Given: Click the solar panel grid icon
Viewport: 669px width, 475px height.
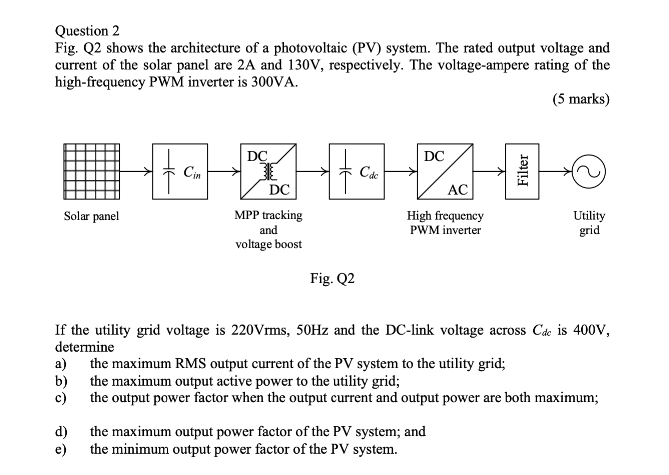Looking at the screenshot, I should click(92, 172).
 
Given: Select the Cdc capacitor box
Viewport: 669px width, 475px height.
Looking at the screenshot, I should click(356, 172).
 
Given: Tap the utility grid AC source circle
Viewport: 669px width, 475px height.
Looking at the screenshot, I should click(589, 172).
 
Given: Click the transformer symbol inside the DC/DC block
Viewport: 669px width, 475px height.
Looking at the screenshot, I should click(269, 171).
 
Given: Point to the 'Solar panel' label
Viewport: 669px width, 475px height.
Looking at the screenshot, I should click(92, 216).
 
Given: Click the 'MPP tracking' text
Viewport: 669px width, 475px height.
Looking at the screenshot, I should click(268, 215).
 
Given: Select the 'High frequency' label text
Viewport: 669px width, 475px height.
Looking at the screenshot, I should click(445, 216).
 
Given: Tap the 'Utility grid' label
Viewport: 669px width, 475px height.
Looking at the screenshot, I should click(589, 223).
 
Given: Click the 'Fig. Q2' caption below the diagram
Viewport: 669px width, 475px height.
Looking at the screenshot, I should click(333, 278).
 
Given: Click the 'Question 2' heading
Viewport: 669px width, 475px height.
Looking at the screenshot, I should click(87, 31).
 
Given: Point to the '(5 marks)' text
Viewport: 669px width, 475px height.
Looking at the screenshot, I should click(581, 99).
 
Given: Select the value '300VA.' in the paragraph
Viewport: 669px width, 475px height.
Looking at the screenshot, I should click(277, 82).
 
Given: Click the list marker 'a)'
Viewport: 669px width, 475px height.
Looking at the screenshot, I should click(60, 364).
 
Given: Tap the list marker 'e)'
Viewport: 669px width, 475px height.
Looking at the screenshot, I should click(60, 449).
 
